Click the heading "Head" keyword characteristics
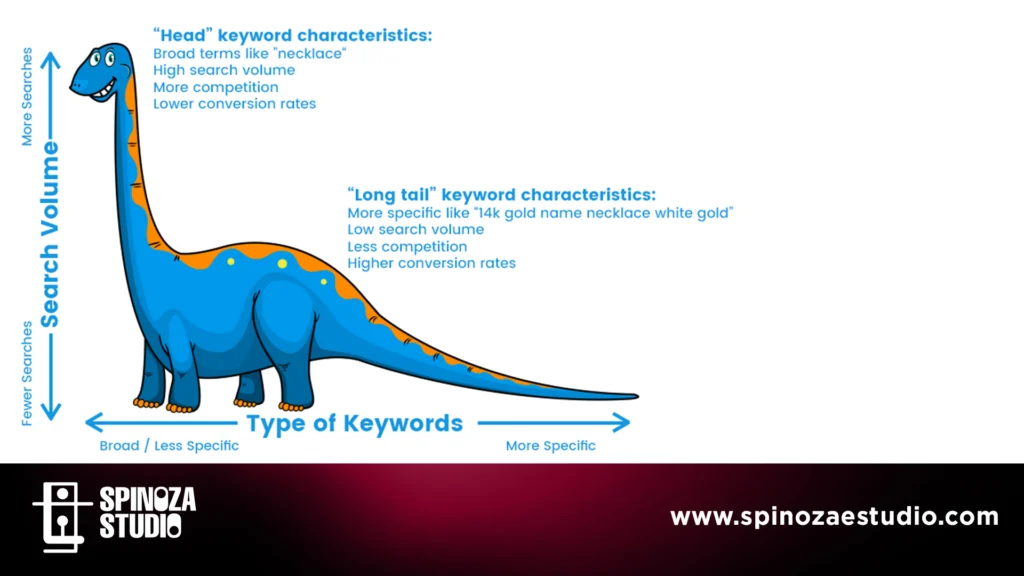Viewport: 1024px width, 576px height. coord(293,35)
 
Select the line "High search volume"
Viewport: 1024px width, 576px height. coord(224,70)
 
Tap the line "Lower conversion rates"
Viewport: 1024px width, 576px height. coord(234,104)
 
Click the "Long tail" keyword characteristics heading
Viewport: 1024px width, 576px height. coord(502,195)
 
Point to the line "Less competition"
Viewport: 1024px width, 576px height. coord(408,246)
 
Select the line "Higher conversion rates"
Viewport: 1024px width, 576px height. coord(432,263)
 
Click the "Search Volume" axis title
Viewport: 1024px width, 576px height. coord(50,235)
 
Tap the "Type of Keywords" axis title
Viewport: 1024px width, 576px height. coord(355,423)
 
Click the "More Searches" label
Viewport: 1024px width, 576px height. coord(27,97)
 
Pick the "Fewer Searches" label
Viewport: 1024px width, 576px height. coord(27,374)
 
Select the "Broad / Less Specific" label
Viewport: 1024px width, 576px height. coord(169,445)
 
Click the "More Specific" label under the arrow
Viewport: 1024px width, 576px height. coord(551,445)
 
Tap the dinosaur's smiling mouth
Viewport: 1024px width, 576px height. coord(104,91)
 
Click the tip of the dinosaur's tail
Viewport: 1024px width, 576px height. coord(637,396)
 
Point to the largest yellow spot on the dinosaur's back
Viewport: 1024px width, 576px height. coord(282,264)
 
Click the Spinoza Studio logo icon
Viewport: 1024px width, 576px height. coord(62,517)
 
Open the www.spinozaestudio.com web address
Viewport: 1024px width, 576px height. coord(835,517)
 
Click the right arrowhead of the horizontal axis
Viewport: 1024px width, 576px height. coord(623,423)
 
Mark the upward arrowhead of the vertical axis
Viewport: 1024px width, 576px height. coord(50,60)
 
